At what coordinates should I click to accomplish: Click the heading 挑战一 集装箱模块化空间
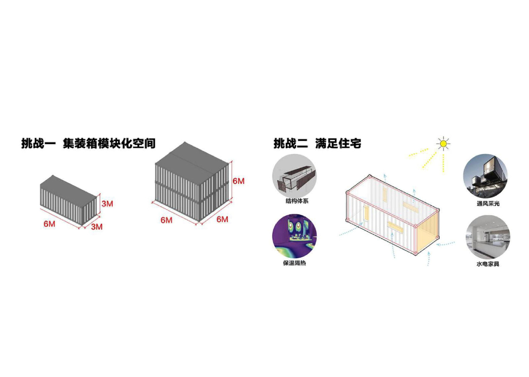pos(88,143)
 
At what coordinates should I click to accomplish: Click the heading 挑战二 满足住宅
pos(317,143)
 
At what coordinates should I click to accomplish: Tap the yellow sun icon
pos(442,144)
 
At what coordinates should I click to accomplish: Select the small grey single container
pos(68,201)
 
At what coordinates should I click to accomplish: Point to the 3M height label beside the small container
pos(107,203)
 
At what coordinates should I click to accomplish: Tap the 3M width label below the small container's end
pos(97,226)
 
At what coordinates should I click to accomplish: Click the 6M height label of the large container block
pos(238,181)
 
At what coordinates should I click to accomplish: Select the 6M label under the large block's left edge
pos(166,220)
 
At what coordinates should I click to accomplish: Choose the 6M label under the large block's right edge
pos(222,219)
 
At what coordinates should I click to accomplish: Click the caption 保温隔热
pos(294,263)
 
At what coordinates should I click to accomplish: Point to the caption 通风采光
pos(488,203)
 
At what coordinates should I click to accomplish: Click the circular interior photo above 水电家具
pos(488,237)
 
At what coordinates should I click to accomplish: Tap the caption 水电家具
pos(488,264)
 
